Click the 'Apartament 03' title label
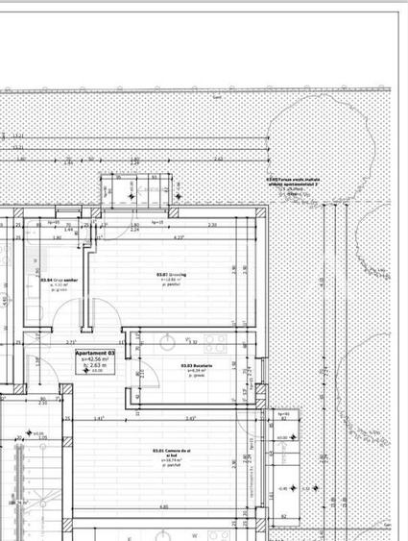click(x=95, y=354)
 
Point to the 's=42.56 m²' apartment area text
click(x=95, y=360)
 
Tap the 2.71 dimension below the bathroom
click(x=70, y=342)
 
